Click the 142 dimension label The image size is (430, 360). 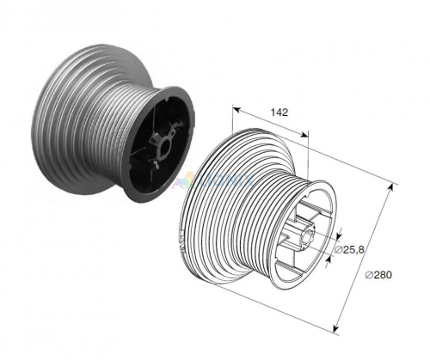click(279, 113)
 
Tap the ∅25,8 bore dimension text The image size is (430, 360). click(349, 250)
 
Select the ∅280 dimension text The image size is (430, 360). click(378, 275)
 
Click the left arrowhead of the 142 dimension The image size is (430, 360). click(236, 109)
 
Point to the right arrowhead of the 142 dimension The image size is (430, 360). click(305, 135)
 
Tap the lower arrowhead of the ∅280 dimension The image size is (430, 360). click(335, 328)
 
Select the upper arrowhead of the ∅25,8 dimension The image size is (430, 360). click(339, 235)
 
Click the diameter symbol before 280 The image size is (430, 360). click(369, 275)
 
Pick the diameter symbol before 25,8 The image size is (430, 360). click(338, 250)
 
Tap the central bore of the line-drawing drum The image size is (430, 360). click(310, 235)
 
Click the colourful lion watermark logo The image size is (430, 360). click(184, 180)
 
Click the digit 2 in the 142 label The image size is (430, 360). click(285, 113)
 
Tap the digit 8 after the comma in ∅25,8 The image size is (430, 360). click(361, 250)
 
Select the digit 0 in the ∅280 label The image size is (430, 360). click(388, 275)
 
